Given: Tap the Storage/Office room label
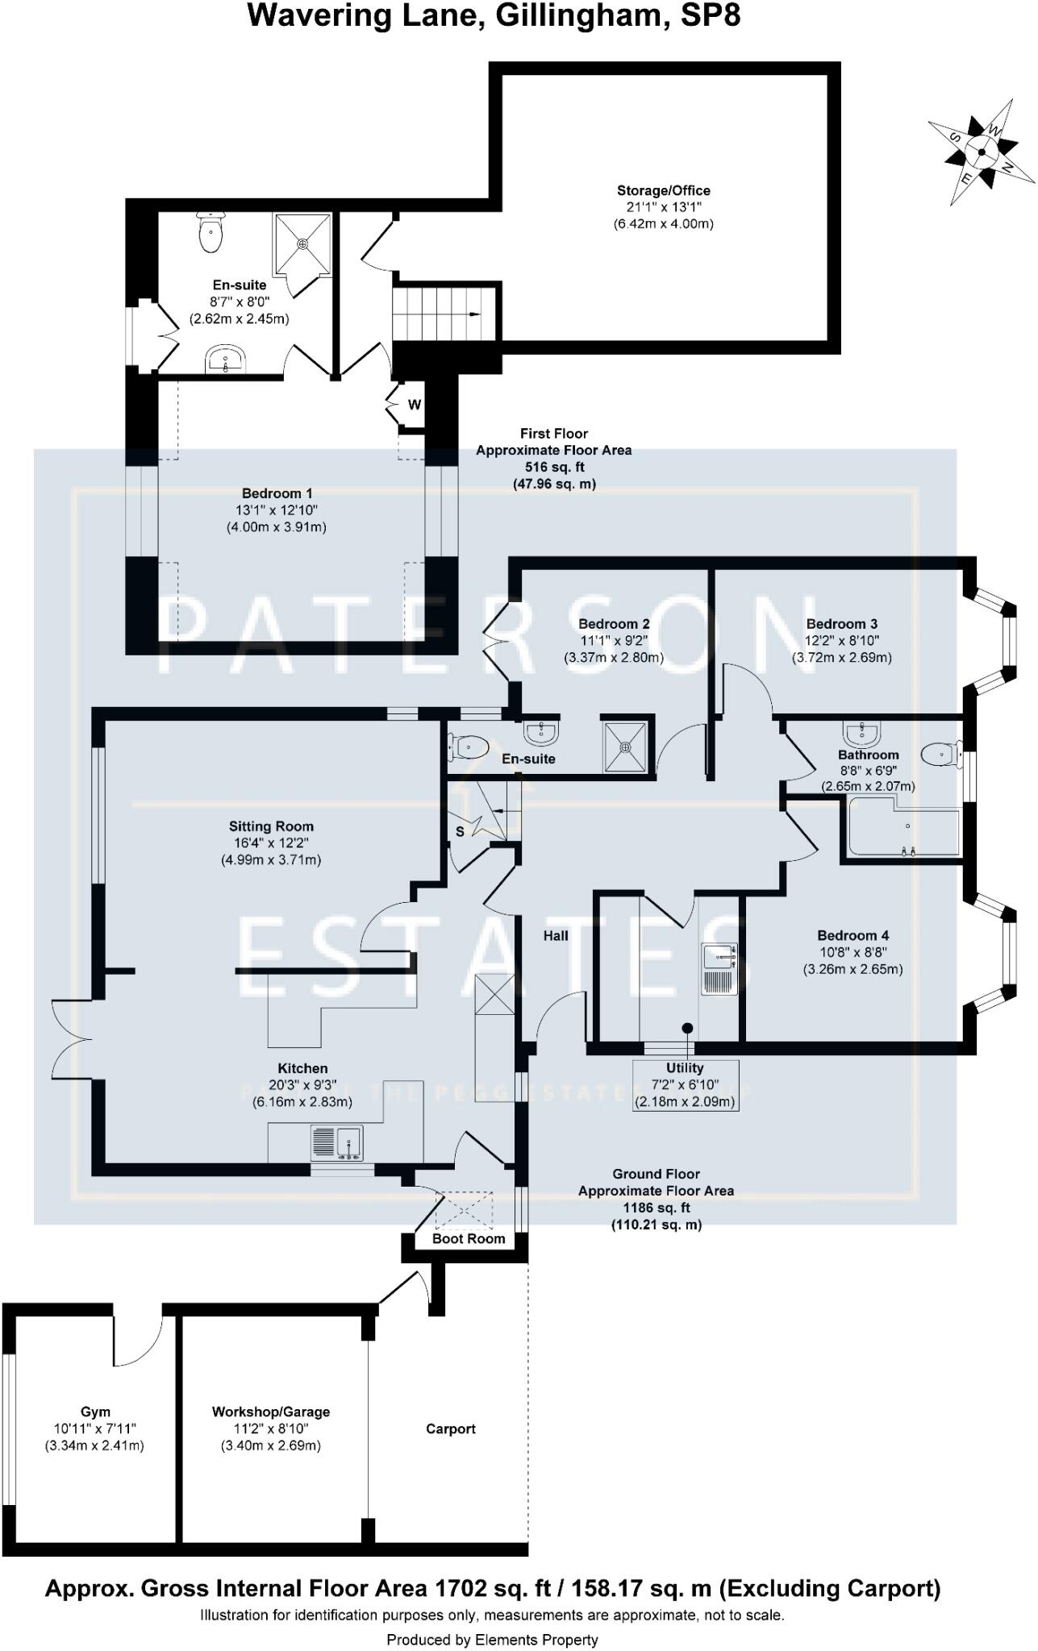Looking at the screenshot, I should [663, 191].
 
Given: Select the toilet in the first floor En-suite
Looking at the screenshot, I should [210, 233].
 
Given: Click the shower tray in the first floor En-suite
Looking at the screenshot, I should [302, 243].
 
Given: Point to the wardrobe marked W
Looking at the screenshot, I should [413, 405].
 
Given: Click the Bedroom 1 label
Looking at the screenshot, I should [277, 493].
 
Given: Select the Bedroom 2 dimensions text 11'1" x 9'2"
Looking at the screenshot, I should [614, 641].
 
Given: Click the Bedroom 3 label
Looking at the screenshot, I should [841, 624].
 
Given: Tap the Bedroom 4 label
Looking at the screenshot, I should [852, 936].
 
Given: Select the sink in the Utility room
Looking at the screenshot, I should [719, 957].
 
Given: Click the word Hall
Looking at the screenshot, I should [556, 936].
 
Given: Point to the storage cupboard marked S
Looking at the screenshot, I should [461, 832].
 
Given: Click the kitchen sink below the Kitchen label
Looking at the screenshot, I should [337, 1142].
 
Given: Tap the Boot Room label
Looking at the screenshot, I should [469, 1238].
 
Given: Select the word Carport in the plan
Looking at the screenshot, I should [450, 1429].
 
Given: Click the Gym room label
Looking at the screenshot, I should [95, 1412].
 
